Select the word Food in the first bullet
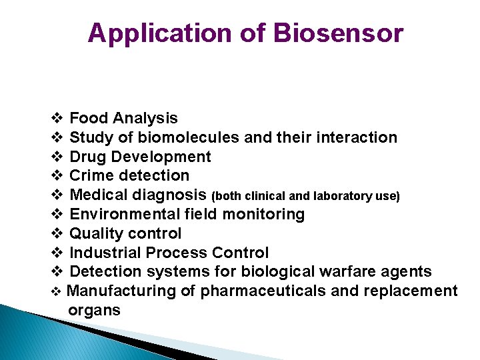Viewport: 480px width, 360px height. click(x=89, y=119)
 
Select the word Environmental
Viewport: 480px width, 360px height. click(x=123, y=215)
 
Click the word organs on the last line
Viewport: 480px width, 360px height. click(x=94, y=310)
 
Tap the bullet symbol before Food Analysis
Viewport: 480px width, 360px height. click(x=57, y=119)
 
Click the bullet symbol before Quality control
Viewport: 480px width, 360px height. click(x=57, y=234)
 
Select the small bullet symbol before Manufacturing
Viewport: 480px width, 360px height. click(x=56, y=292)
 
